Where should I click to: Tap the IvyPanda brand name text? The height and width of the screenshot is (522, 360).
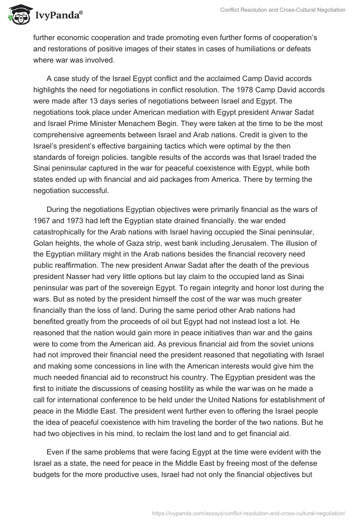click(x=58, y=15)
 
